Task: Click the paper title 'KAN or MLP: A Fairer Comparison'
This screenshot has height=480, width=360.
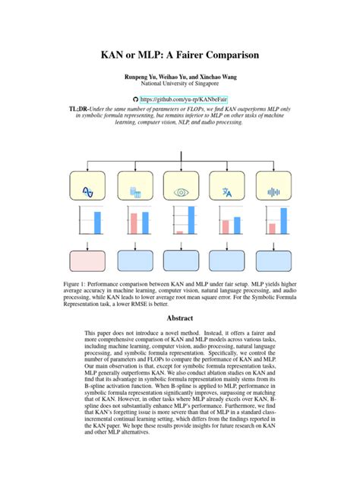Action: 180,55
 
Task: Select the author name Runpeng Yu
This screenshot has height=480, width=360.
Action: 141,77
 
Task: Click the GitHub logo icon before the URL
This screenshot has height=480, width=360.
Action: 137,99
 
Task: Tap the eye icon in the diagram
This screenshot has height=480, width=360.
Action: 181,192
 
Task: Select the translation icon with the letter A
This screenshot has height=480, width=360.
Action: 226,192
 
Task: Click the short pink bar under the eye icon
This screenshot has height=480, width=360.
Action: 179,232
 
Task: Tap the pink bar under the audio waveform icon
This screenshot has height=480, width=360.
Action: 272,228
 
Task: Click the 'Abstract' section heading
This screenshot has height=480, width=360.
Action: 180,319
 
